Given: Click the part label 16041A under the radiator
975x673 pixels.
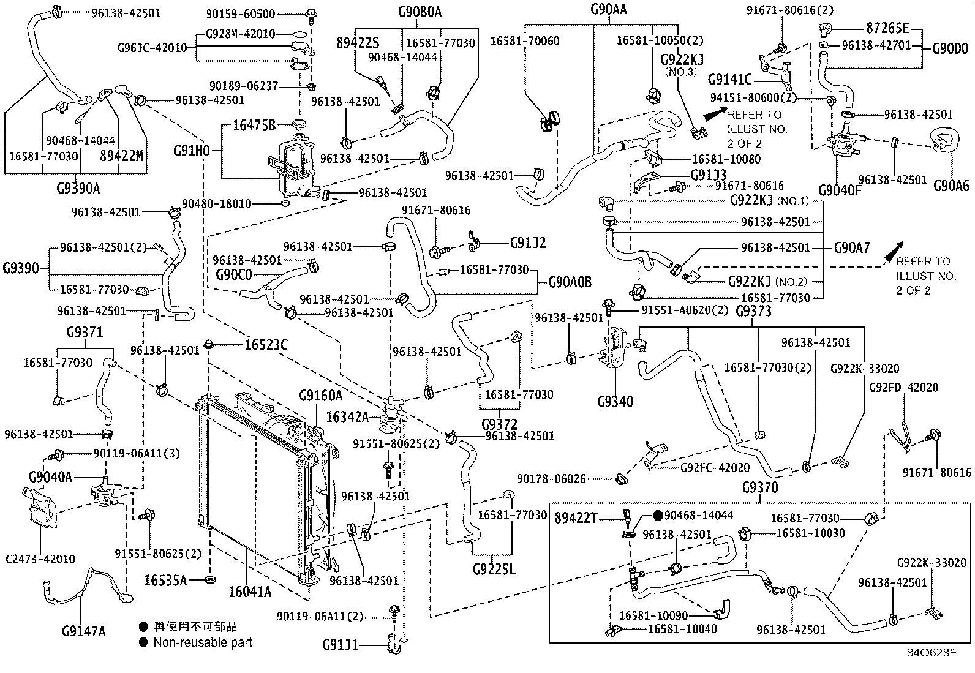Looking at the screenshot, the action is click(250, 592).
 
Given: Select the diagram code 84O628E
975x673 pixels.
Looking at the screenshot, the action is click(932, 653).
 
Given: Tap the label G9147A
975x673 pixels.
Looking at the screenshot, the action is click(83, 631).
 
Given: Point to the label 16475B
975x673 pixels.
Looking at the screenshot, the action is click(254, 126).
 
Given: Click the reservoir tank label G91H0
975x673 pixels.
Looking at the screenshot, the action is click(192, 151).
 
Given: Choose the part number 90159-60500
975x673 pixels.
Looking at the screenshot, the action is click(241, 14).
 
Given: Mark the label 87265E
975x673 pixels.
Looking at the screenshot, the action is click(887, 28).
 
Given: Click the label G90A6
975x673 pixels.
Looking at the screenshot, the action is click(952, 186).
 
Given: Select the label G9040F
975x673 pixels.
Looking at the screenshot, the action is click(840, 190).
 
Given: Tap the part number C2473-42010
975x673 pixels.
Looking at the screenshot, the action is click(40, 559).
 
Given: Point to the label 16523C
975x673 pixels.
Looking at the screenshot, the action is click(266, 345).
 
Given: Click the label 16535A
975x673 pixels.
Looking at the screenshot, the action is click(165, 581).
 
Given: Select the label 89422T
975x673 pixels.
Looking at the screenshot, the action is click(576, 518).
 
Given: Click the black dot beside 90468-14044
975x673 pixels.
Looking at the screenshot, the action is click(658, 516).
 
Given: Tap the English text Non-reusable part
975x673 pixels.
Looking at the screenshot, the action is click(203, 642).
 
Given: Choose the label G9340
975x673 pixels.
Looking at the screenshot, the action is click(615, 402).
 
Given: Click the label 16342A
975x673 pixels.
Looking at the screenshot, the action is click(347, 417).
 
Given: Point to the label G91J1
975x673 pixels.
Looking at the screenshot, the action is click(341, 645).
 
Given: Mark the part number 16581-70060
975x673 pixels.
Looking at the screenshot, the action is click(525, 41).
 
